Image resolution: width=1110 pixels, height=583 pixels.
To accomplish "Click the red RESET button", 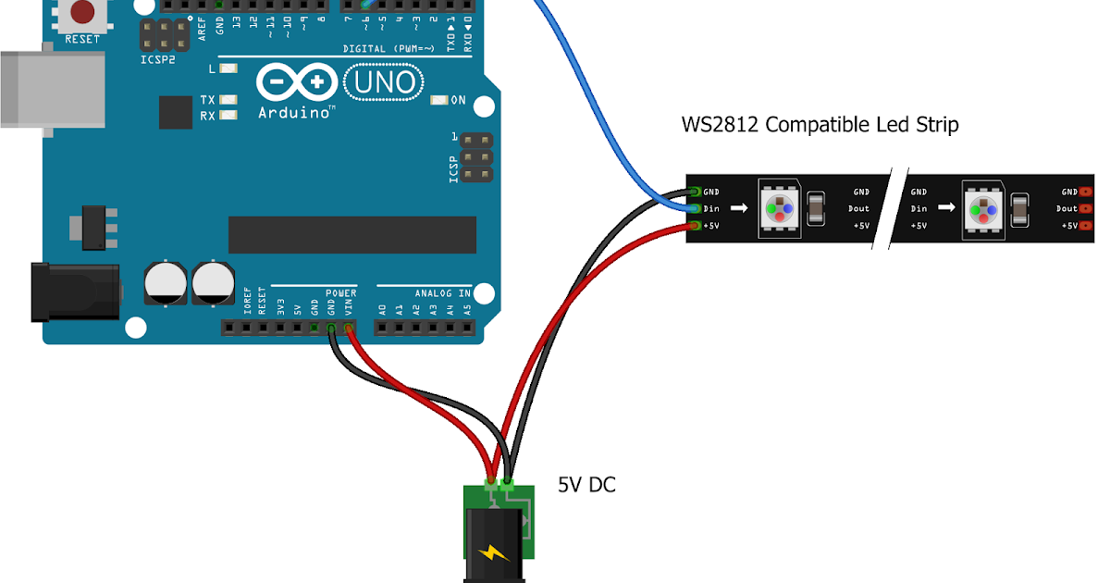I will (x=82, y=12).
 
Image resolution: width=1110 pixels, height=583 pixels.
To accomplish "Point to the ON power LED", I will (x=438, y=100).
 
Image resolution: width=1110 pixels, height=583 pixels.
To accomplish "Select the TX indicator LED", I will (x=228, y=99).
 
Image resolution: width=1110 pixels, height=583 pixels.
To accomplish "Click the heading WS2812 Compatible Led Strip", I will (x=820, y=124).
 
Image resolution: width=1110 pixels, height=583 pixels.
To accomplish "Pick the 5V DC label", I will (x=586, y=484).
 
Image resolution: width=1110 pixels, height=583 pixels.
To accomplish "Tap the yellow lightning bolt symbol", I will (x=493, y=552).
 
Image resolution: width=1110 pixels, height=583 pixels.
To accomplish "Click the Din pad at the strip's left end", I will (x=695, y=208).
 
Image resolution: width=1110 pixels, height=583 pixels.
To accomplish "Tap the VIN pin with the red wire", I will (x=349, y=328).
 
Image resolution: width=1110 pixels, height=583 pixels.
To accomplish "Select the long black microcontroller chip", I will (x=351, y=235).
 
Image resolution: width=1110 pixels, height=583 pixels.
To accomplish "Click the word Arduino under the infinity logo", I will (x=294, y=112).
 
